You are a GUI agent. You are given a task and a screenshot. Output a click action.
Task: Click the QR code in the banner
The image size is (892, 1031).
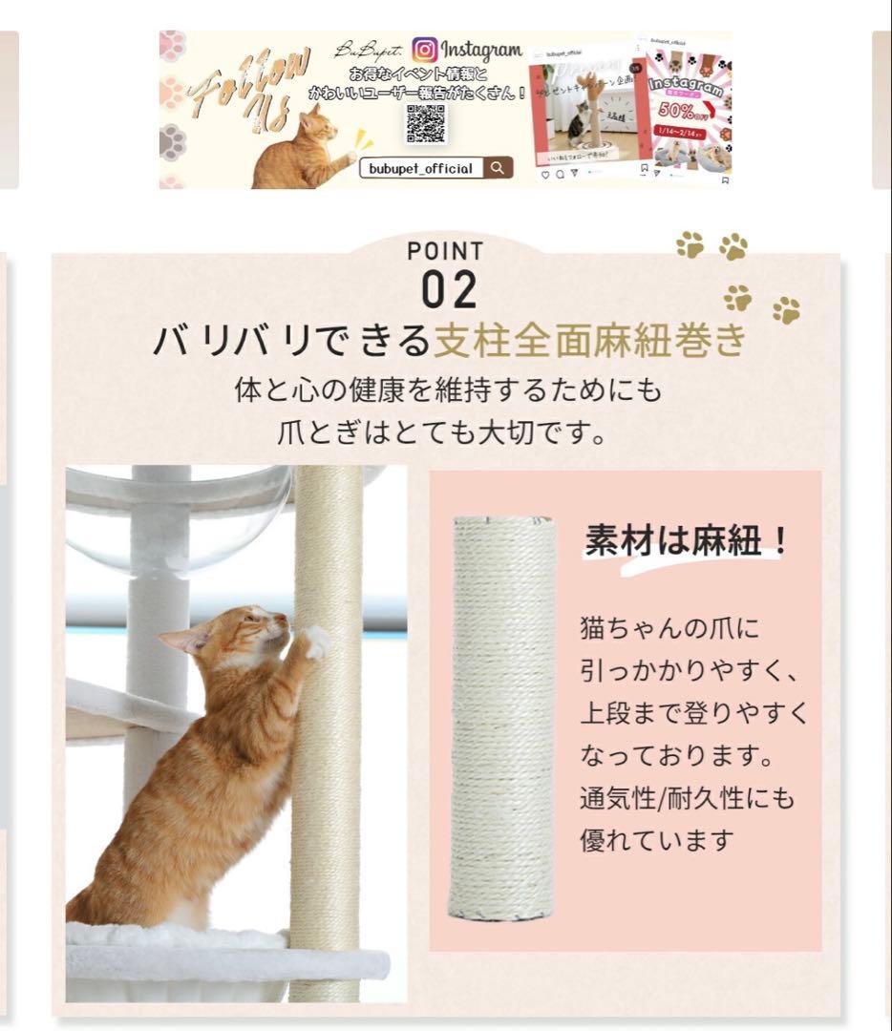tap(427, 123)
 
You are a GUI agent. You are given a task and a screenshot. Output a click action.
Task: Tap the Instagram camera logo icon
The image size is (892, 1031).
tap(425, 49)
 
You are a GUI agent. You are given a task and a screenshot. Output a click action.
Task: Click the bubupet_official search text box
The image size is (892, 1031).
tap(421, 169)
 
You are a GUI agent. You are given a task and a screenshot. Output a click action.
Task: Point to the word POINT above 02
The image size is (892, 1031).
tap(445, 251)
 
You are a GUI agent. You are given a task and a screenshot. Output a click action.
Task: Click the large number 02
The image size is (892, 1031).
tap(449, 291)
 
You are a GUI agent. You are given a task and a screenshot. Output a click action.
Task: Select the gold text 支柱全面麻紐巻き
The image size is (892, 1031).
tap(588, 341)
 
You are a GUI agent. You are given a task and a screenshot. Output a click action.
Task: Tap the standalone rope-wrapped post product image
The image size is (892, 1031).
tap(503, 719)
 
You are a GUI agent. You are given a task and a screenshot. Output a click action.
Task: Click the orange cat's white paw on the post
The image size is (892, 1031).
tap(314, 642)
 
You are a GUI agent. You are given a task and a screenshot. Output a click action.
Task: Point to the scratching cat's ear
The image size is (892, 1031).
tap(180, 641)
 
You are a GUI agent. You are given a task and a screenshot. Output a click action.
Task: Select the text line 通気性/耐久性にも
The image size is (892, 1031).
tap(687, 798)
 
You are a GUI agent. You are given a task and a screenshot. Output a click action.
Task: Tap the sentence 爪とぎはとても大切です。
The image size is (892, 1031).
tap(442, 433)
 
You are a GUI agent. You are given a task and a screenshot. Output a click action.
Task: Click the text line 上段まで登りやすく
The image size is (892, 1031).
tap(693, 713)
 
